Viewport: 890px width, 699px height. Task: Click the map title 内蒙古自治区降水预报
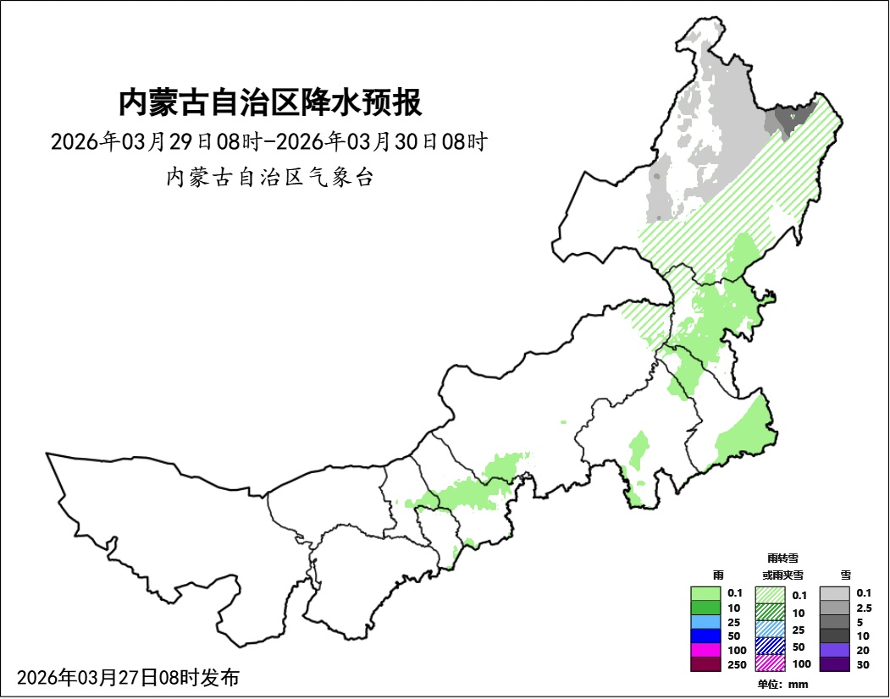269,103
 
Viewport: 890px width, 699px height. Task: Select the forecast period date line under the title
269,141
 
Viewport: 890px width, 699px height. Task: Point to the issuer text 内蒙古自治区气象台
269,178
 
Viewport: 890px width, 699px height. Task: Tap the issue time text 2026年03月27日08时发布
128,677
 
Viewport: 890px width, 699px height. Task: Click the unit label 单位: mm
782,684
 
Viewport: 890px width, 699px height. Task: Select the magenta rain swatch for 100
705,650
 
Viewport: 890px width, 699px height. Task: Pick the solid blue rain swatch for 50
705,636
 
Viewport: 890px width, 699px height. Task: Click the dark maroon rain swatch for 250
705,664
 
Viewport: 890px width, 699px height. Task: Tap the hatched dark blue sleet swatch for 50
771,646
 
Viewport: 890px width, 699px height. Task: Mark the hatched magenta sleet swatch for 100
771,663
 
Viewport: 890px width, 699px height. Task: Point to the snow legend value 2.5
864,608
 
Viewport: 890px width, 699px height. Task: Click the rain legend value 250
736,664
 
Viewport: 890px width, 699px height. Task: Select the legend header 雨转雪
782,559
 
